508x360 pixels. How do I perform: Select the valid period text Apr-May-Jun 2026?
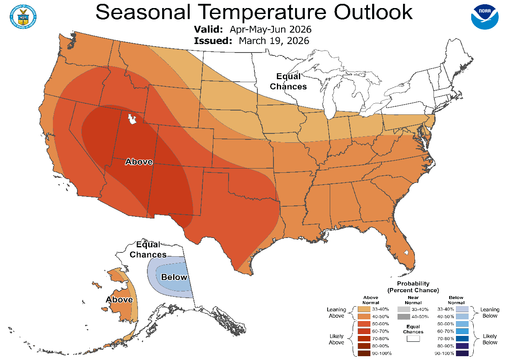(271, 30)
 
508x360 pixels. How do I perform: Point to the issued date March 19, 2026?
(274, 41)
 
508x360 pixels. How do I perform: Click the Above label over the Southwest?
(139, 161)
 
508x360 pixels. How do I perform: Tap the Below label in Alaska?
(174, 277)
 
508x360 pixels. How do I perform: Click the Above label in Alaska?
(119, 300)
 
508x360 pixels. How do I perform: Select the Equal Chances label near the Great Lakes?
(288, 81)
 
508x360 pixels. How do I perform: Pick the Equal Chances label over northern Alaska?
(148, 250)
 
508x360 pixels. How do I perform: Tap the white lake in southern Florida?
(406, 254)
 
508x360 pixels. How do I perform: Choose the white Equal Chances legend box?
(413, 338)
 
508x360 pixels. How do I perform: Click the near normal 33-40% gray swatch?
(403, 309)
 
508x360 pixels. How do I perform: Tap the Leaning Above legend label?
(337, 313)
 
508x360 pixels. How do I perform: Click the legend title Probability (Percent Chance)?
(413, 287)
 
